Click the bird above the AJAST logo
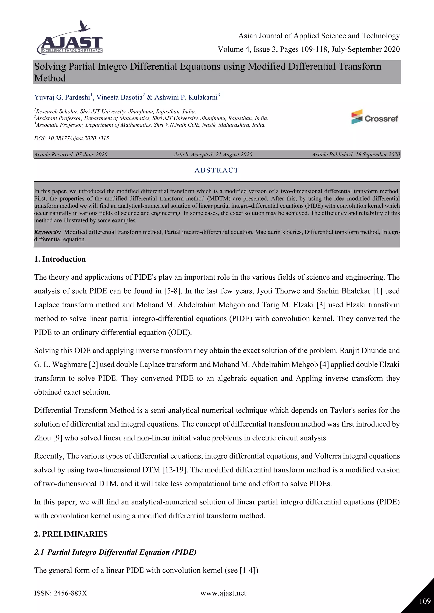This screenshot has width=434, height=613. click(84, 26)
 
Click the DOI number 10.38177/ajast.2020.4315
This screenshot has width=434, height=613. click(78, 138)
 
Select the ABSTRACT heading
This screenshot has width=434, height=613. click(216, 170)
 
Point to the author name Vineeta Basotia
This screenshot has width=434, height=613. click(119, 97)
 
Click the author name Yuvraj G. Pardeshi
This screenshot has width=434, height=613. click(62, 97)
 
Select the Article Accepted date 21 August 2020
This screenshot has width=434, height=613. click(234, 155)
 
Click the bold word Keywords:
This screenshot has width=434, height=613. click(47, 232)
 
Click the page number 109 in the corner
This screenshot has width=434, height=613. click(425, 601)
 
